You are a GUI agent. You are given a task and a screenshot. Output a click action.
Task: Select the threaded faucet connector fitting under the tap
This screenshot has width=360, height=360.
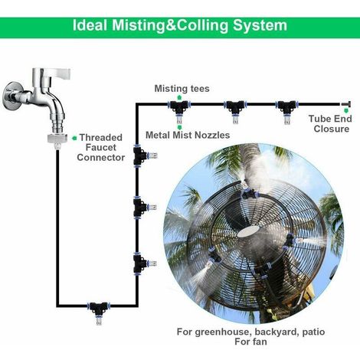(57, 141)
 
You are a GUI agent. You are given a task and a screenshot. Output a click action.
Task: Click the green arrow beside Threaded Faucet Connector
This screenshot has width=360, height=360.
(74, 138)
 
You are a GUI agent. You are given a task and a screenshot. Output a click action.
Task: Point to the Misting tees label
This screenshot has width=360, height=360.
(182, 89)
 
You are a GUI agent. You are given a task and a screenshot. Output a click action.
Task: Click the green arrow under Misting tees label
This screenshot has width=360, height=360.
(179, 97)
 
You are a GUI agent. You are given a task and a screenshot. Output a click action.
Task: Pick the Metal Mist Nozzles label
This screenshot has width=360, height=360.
(188, 135)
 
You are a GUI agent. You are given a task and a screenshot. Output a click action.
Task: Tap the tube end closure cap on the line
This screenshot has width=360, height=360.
(346, 104)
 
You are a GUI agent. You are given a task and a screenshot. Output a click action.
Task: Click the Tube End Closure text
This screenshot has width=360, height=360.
(330, 123)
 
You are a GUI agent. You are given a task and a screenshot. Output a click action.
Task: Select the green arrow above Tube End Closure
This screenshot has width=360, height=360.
(346, 111)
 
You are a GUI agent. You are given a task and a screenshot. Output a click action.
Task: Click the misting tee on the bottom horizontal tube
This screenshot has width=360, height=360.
(99, 311)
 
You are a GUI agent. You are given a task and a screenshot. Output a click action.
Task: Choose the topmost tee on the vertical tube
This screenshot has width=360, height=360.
(143, 155)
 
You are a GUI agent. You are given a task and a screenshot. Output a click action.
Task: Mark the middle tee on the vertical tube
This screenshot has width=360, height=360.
(142, 207)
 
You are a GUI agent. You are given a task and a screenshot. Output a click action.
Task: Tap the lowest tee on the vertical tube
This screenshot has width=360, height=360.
(142, 263)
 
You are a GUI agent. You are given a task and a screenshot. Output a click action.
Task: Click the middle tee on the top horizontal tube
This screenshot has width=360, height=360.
(235, 109)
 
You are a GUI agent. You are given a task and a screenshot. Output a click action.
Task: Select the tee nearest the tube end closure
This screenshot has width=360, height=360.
(286, 109)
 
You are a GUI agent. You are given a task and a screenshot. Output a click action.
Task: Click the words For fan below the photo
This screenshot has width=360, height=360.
(250, 342)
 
